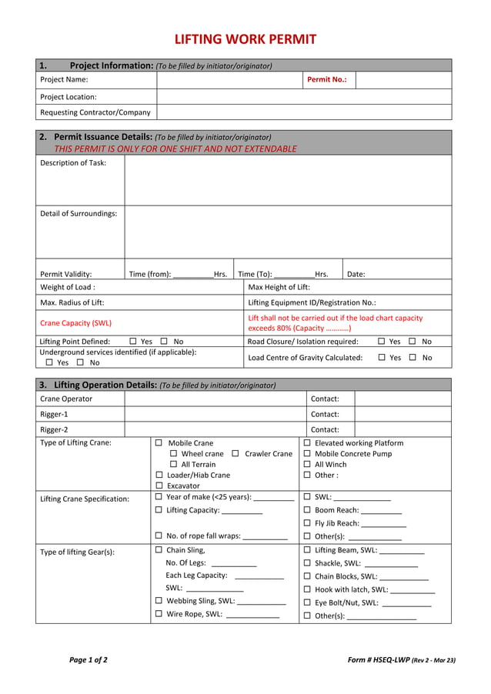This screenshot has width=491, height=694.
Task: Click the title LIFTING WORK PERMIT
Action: click(245, 39)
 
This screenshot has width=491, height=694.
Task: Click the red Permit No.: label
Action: click(327, 79)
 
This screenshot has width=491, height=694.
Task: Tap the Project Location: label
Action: click(68, 97)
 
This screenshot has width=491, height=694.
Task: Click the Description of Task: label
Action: click(73, 163)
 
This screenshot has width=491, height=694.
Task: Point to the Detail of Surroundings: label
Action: click(78, 213)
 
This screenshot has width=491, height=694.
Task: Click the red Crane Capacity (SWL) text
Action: click(75, 323)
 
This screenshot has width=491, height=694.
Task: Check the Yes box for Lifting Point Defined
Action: click(133, 341)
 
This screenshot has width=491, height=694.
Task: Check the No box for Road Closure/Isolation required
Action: click(413, 341)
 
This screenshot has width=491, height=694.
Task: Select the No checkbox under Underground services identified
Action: click(80, 362)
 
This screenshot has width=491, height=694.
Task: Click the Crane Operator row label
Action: click(66, 399)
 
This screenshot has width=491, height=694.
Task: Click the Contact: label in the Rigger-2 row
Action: click(325, 429)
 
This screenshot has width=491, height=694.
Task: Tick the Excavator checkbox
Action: click(159, 485)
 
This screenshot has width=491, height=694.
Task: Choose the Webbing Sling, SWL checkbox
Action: click(159, 601)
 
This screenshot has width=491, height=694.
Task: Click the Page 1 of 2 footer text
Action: click(89, 659)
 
